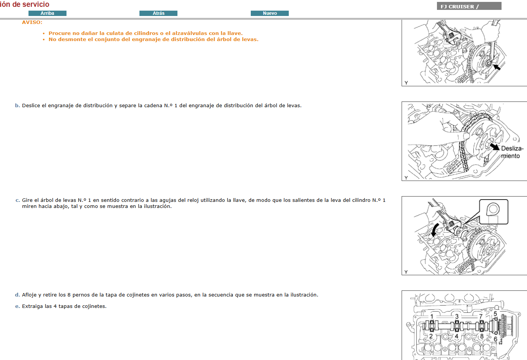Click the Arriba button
click(47, 13)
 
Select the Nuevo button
click(270, 13)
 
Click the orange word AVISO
click(32, 22)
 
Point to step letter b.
click(17, 106)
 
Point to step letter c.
click(17, 200)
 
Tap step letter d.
click(17, 295)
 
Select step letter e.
click(17, 306)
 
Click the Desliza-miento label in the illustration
click(512, 152)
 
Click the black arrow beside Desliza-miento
click(494, 147)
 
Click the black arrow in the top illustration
click(496, 67)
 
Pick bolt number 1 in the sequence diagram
click(432, 316)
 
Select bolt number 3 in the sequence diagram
click(457, 316)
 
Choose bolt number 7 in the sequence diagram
click(481, 316)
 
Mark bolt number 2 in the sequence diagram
click(431, 336)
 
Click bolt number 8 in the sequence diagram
click(482, 336)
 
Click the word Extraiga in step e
click(32, 306)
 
